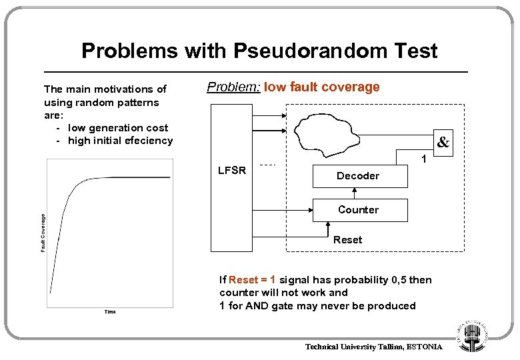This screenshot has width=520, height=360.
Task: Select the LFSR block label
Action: click(232, 170)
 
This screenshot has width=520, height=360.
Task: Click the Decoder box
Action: click(358, 176)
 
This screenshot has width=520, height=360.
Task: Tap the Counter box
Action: click(358, 209)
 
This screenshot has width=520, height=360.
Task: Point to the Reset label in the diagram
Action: click(347, 240)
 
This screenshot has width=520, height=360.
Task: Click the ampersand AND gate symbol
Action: click(443, 142)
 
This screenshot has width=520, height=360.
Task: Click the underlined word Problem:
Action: click(233, 87)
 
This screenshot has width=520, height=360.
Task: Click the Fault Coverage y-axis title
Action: click(43, 233)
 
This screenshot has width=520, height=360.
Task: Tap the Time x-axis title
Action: click(110, 311)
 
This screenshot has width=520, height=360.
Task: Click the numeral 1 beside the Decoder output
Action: click(422, 159)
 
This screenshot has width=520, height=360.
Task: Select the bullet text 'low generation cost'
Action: click(118, 127)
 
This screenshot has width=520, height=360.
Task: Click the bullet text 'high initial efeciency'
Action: click(120, 140)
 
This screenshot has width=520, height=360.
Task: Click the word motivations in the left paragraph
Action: click(127, 89)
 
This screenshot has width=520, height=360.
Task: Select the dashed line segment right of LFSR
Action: click(268, 165)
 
